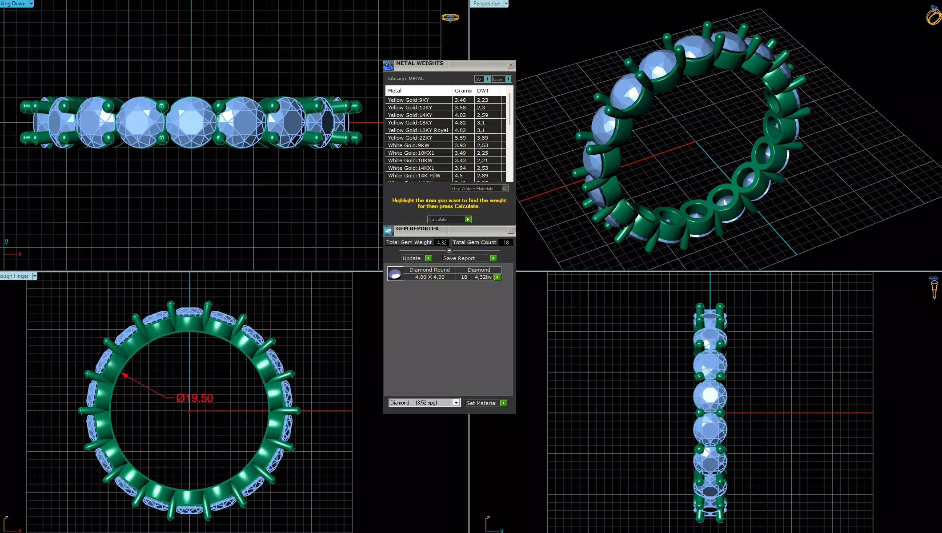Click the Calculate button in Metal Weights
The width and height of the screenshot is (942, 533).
[449, 220]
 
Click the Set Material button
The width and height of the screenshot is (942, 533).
[485, 403]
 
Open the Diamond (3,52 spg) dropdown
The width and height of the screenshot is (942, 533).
[456, 403]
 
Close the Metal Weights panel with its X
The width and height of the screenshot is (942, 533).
[511, 65]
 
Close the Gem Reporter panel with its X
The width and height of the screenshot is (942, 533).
[511, 231]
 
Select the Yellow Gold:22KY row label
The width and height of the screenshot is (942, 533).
[410, 138]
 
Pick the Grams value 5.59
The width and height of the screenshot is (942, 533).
[460, 138]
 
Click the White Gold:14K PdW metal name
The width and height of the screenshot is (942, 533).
[414, 176]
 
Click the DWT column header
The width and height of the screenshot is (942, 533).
[483, 91]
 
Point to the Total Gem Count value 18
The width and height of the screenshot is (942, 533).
[506, 243]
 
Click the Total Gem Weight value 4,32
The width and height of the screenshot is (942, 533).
[441, 243]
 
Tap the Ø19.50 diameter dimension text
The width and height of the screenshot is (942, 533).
[195, 398]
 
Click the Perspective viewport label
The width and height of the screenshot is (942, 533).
[486, 4]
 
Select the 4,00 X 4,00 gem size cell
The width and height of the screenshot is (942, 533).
[429, 277]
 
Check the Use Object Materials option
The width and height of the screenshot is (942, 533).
[505, 188]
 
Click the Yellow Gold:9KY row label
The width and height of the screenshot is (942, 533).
[408, 100]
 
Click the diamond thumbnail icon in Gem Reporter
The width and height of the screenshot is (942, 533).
[395, 274]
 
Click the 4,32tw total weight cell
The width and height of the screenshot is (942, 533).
[483, 277]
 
